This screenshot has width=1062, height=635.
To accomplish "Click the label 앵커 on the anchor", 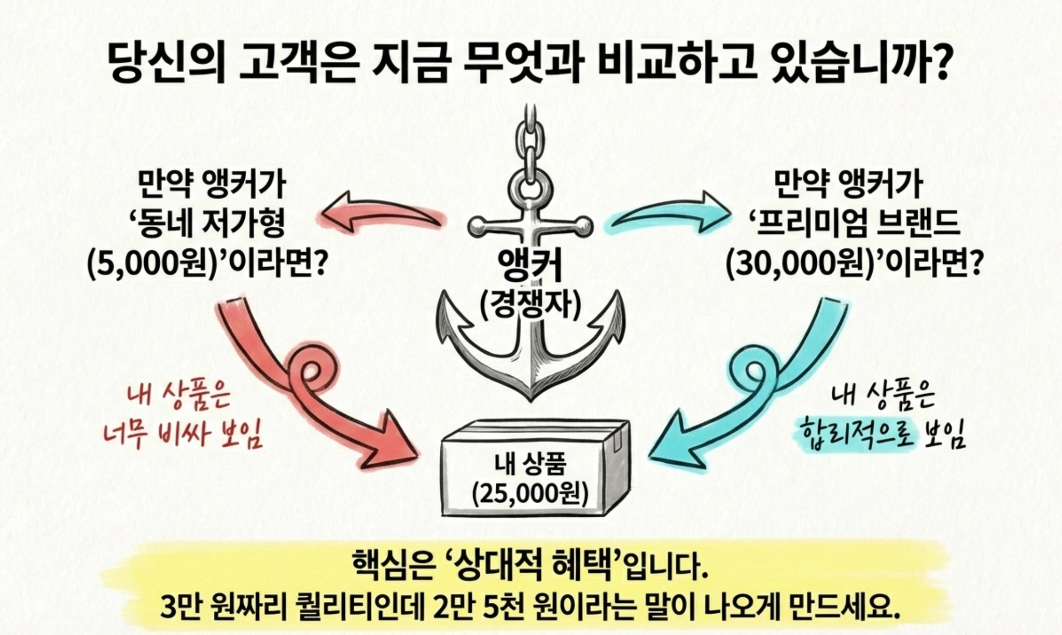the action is pos(530,265).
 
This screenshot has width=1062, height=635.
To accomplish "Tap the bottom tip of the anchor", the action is pos(530,397).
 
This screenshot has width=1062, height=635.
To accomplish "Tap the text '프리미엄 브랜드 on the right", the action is pos(853,224).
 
